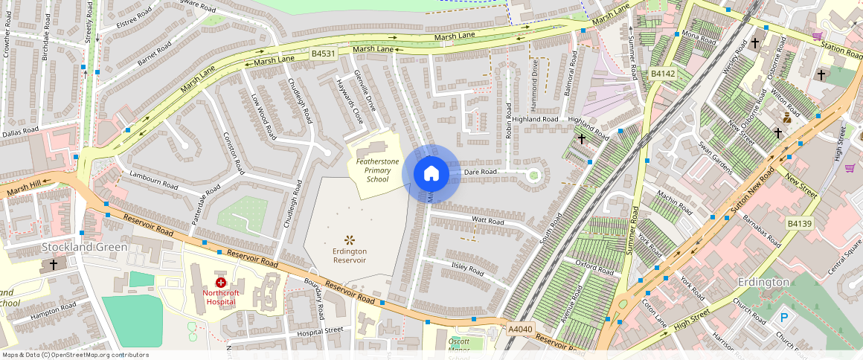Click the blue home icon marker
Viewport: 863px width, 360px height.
[431, 174]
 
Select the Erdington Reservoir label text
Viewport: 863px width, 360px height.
[349, 256]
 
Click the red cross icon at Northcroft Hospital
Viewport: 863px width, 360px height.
[221, 283]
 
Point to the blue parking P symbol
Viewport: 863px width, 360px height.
[784, 318]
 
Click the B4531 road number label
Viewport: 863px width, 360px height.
[324, 54]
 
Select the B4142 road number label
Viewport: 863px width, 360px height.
[662, 74]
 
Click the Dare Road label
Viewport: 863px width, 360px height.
[480, 172]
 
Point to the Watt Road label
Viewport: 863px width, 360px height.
[488, 221]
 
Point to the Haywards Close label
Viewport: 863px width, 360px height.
[349, 101]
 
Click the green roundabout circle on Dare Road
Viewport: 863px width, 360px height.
[533, 176]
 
